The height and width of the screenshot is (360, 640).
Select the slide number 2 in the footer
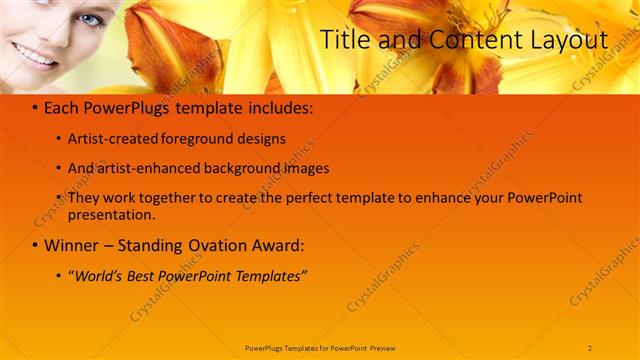point(590,347)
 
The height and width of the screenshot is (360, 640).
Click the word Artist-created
point(110,139)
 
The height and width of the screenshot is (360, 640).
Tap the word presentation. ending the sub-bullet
point(111,214)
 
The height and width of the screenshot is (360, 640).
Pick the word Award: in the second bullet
point(276,245)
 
